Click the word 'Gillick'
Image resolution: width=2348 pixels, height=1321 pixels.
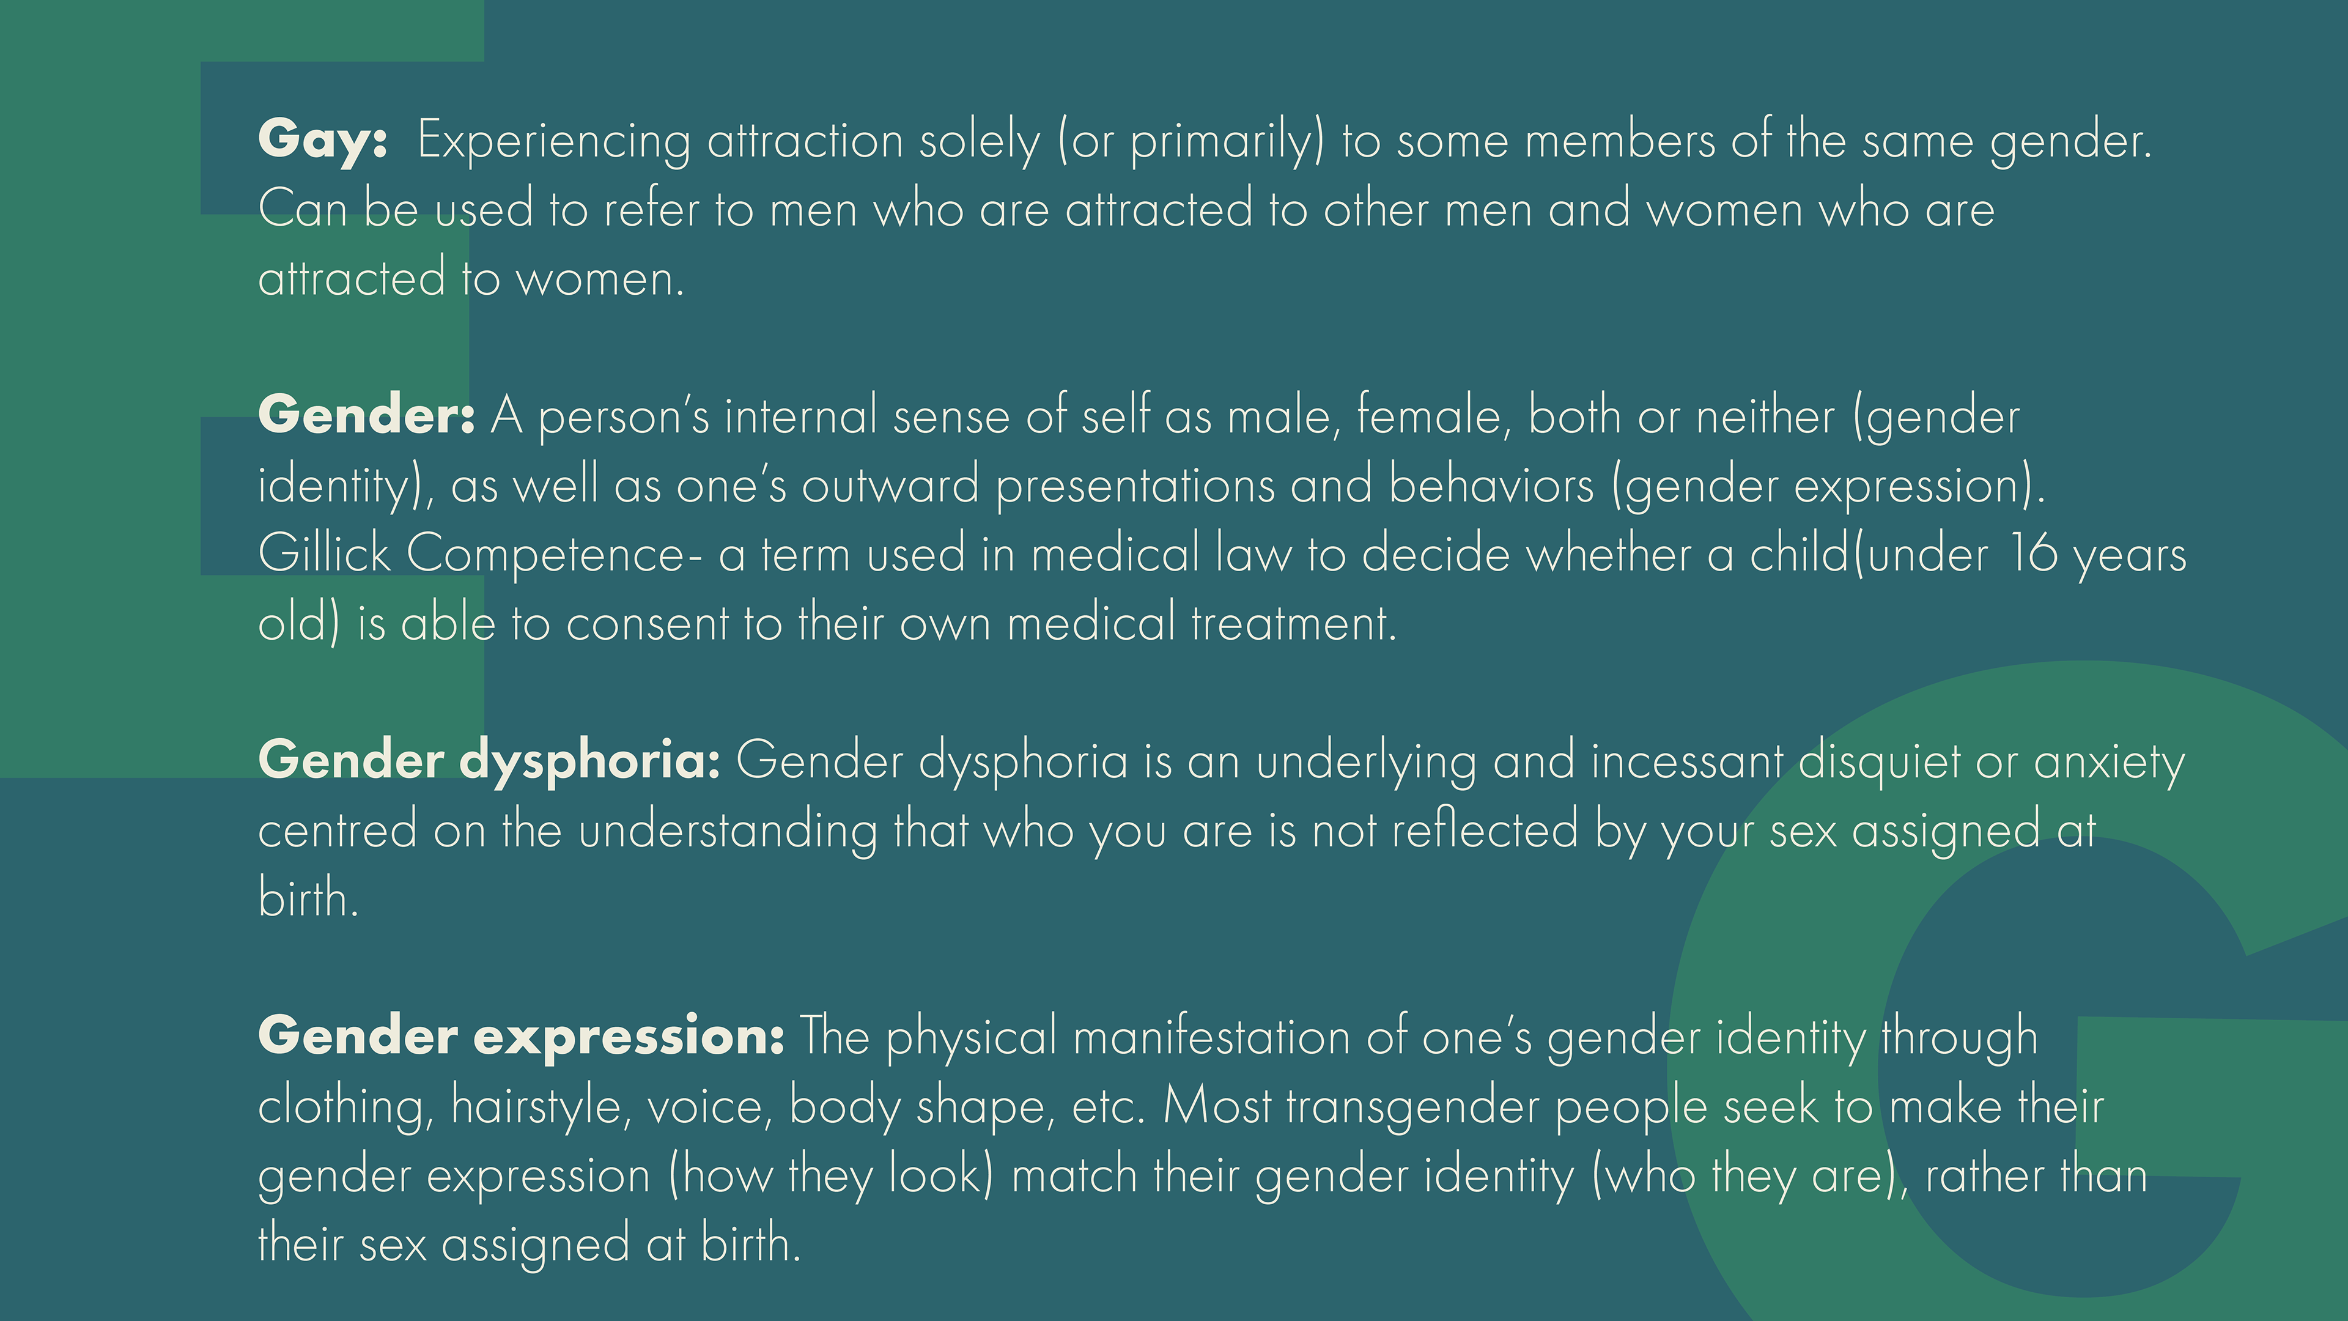(325, 553)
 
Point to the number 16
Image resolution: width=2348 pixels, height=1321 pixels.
(2032, 553)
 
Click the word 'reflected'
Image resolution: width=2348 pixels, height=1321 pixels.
(1486, 831)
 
